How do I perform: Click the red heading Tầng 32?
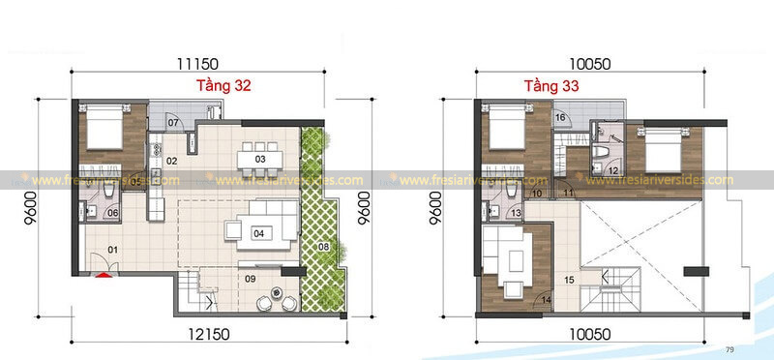224,86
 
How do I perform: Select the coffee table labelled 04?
259,232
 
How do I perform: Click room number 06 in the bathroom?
112,213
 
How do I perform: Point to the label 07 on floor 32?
174,123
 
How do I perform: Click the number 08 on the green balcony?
323,249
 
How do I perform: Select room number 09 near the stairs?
251,280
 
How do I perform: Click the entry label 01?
112,250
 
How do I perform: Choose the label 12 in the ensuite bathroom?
613,171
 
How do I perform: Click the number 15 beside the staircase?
569,281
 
